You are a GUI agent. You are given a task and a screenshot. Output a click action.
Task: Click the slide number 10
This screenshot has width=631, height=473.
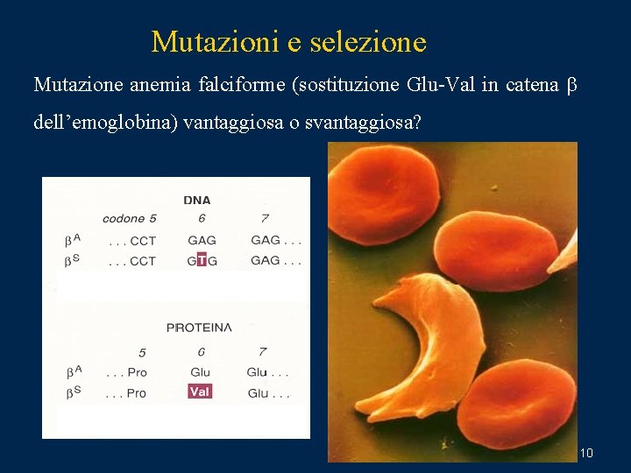(x=586, y=453)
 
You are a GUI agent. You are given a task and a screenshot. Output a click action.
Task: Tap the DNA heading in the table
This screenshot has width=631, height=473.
(x=197, y=200)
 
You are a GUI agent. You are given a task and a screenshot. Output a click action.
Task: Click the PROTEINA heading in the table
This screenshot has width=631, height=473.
(x=199, y=328)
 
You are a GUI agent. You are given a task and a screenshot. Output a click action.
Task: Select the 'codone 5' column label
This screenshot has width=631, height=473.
(x=129, y=219)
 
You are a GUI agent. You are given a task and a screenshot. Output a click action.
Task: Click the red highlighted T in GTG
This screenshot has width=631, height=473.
(x=202, y=260)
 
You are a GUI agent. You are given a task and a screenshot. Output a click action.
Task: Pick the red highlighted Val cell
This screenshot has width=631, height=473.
(x=200, y=392)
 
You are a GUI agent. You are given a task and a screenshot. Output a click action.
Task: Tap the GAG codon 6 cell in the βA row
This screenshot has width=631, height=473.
(x=202, y=240)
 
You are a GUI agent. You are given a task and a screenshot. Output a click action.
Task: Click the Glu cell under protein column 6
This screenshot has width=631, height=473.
(x=200, y=372)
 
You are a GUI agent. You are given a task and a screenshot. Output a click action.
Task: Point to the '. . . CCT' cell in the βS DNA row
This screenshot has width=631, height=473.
(x=131, y=261)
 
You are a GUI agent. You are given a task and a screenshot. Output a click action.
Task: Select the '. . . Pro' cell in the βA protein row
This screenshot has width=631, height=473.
(x=126, y=372)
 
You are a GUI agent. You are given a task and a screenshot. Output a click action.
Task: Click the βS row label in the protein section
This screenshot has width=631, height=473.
(x=73, y=392)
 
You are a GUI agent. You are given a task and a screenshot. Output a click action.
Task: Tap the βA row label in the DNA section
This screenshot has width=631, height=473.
(x=73, y=239)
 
